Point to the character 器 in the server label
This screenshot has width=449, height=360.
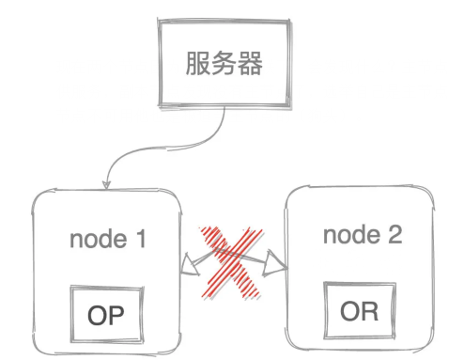point(248,65)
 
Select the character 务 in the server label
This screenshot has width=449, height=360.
point(223,65)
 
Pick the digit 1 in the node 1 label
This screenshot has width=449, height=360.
point(140,239)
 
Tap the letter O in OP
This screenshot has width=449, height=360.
point(97,311)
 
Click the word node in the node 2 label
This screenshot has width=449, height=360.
point(348,234)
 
